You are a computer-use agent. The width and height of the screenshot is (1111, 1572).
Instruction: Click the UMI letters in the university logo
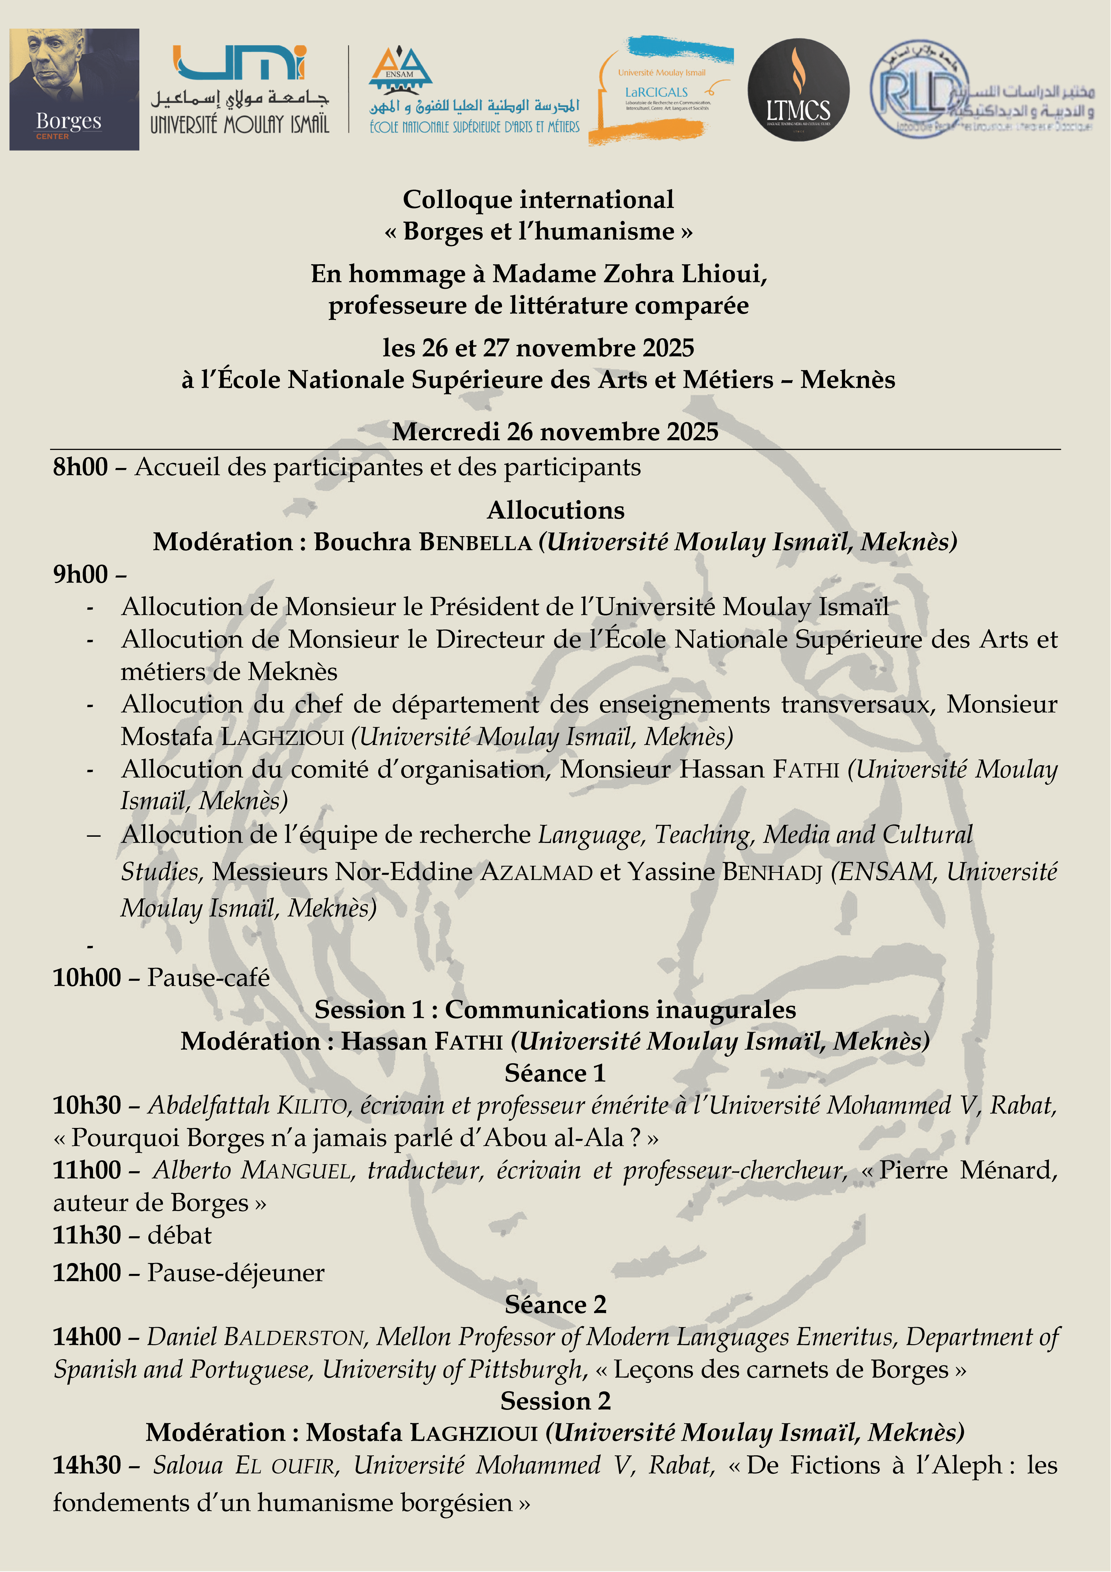click(x=239, y=63)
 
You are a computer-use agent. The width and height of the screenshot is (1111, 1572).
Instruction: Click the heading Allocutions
click(x=555, y=510)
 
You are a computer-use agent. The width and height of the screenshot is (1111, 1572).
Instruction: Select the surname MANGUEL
click(x=296, y=1170)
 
